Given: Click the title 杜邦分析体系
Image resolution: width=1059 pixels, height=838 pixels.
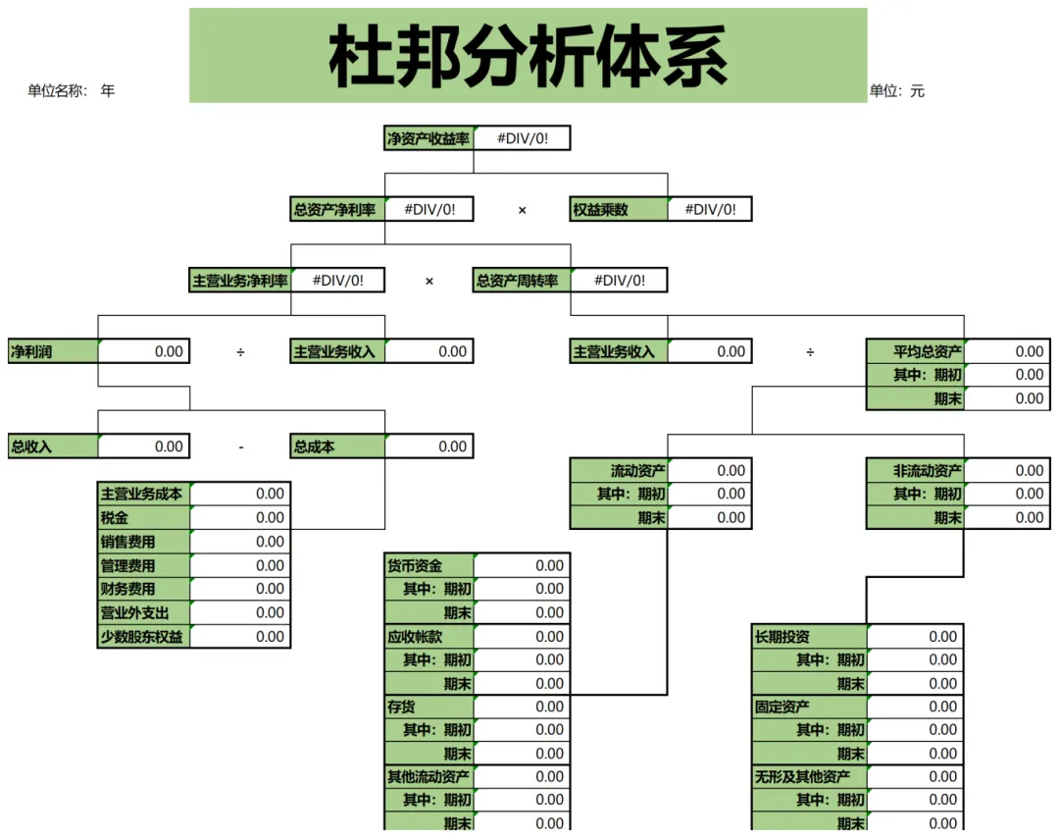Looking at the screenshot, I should click(528, 56).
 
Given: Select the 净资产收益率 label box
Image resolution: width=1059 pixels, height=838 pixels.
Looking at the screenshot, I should click(429, 138).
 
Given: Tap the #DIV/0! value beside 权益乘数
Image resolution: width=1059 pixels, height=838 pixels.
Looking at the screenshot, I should click(710, 209).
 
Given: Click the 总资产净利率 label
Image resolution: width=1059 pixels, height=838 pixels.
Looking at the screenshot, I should click(334, 209).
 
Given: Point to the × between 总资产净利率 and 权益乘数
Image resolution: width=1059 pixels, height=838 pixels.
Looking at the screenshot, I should click(522, 210).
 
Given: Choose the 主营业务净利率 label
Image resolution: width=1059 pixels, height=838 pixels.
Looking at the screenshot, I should click(240, 281).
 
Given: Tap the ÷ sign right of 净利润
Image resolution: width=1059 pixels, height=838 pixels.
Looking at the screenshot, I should click(240, 351).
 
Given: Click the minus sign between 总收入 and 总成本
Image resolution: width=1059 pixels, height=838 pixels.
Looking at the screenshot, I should click(240, 447).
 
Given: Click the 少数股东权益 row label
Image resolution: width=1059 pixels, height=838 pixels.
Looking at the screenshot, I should click(142, 636).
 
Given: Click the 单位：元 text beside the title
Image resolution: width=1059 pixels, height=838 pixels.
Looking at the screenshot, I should click(896, 91).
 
